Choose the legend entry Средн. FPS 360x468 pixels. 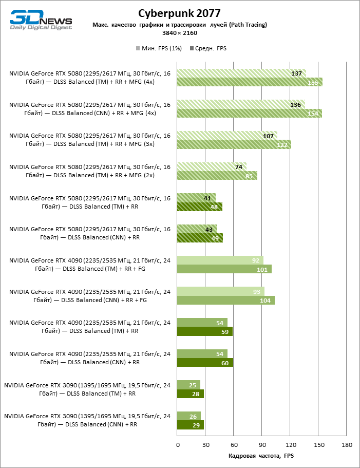[x=208, y=48]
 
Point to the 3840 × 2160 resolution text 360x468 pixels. [x=180, y=33]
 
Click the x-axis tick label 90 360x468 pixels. [x=262, y=444]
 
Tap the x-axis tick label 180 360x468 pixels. [x=347, y=444]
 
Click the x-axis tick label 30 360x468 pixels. [x=205, y=444]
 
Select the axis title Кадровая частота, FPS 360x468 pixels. [x=261, y=456]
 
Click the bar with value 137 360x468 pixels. [x=241, y=73]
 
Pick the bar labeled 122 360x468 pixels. [x=234, y=145]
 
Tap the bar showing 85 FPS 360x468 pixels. [x=217, y=176]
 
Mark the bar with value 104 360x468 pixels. [x=226, y=301]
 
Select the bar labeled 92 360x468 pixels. [x=220, y=260]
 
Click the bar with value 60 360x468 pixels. [x=205, y=363]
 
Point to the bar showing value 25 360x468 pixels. [x=188, y=385]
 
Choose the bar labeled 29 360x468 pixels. [x=191, y=425]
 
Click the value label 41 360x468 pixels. [x=207, y=198]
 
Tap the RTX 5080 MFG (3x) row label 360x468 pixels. [x=90, y=140]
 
